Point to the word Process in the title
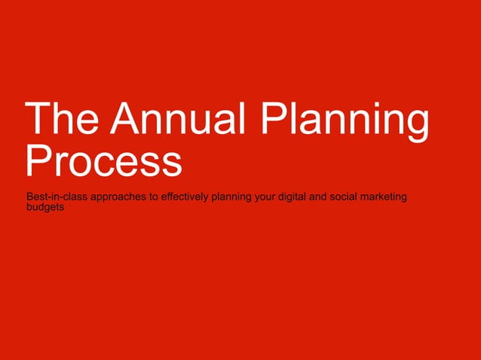click(103, 160)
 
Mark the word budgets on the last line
click(44, 208)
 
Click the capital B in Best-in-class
click(29, 198)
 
